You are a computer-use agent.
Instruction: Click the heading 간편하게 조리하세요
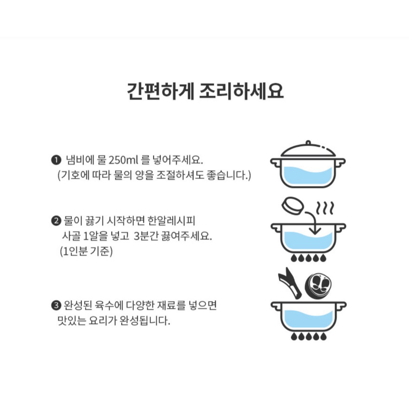point(205,91)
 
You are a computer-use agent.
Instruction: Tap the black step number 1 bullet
point(56,160)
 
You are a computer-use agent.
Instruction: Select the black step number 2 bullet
point(56,221)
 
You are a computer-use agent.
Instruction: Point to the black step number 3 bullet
point(56,305)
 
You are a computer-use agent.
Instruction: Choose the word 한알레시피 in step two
point(171,221)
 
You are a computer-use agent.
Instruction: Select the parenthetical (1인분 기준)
point(86,251)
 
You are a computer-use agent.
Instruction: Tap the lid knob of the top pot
point(308,143)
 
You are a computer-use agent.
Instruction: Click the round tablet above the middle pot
point(294,205)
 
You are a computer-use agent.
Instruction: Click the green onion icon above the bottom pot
point(290,283)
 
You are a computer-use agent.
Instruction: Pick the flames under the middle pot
point(309,258)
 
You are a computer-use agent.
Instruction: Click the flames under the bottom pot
point(309,336)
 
